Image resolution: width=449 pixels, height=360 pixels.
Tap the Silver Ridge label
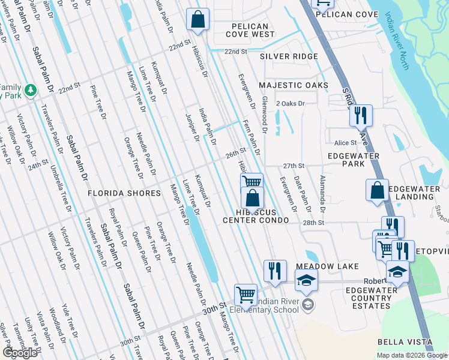[x=289, y=56]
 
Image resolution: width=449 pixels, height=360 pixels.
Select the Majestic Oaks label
[x=294, y=85]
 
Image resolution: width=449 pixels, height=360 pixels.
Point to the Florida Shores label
[x=124, y=193]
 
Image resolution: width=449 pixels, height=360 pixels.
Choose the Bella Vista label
[x=405, y=342]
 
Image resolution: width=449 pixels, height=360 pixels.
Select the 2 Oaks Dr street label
[x=291, y=104]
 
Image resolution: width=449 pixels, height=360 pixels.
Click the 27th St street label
[x=294, y=166]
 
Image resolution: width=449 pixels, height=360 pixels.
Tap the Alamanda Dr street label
[x=322, y=194]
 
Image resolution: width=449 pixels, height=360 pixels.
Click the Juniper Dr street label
[x=192, y=127]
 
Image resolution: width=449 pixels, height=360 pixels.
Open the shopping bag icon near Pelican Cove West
[x=197, y=20]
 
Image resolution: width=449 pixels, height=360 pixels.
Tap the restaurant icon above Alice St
[x=361, y=115]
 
